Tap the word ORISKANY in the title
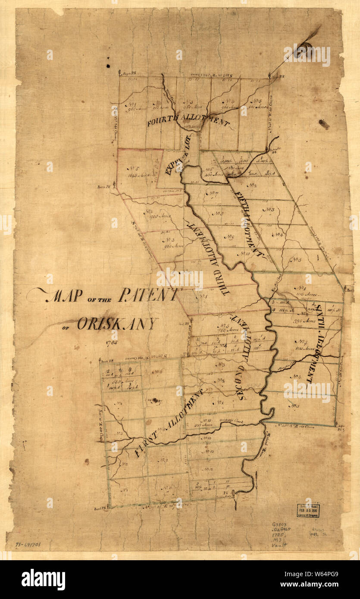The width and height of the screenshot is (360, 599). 117,323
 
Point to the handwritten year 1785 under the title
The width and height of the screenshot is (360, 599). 111,343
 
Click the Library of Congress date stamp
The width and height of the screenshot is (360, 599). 308,510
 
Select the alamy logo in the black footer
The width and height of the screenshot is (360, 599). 43,580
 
